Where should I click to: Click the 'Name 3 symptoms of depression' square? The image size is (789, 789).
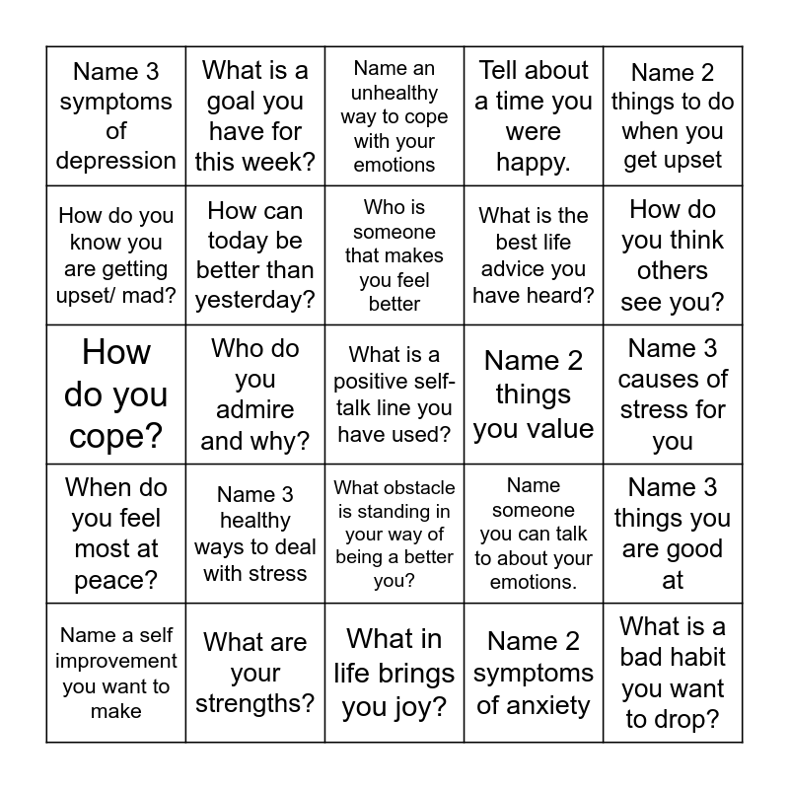tap(116, 116)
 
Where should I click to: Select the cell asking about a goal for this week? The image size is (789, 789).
tap(255, 116)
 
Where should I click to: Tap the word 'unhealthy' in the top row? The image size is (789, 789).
tap(394, 93)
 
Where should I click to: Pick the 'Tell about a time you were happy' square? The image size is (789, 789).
tap(534, 116)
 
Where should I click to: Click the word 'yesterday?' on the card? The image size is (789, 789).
tap(255, 300)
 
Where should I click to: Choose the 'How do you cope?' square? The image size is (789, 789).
tap(116, 394)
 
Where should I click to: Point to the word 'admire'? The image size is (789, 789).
tap(255, 410)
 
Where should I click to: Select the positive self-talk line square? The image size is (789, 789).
tap(394, 394)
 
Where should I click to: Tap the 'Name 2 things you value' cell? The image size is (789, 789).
tap(534, 394)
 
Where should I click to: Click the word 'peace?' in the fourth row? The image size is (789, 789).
tap(116, 579)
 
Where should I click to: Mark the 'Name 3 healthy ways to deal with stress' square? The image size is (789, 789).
tap(255, 534)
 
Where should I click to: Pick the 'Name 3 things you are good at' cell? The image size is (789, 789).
tap(673, 534)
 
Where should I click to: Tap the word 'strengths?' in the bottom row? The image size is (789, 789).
tap(255, 703)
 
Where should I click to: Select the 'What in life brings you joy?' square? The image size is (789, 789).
tap(394, 673)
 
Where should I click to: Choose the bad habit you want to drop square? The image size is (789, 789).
tap(673, 673)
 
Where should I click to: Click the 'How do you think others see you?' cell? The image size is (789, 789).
tap(673, 255)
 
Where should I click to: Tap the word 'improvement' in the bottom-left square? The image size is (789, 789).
tap(116, 661)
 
